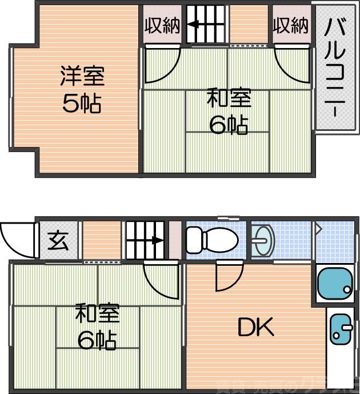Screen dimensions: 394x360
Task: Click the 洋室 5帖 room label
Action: pyautogui.click(x=81, y=90)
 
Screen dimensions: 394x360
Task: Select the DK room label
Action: pyautogui.click(x=255, y=328)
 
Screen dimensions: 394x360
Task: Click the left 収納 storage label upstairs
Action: pyautogui.click(x=162, y=26)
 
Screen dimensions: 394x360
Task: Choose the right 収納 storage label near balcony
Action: pyautogui.click(x=290, y=25)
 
